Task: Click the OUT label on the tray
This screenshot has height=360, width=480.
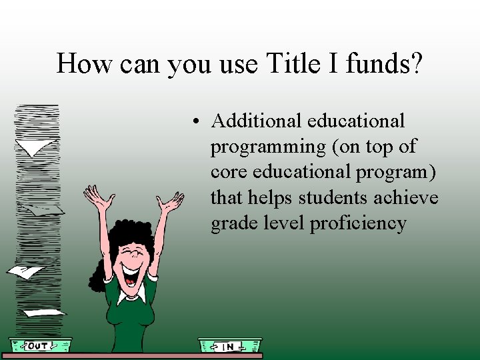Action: click(x=38, y=345)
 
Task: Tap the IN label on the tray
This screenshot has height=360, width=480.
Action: click(x=227, y=346)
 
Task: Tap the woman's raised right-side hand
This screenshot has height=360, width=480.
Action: click(x=171, y=201)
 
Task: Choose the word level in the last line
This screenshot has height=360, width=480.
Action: click(x=282, y=223)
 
